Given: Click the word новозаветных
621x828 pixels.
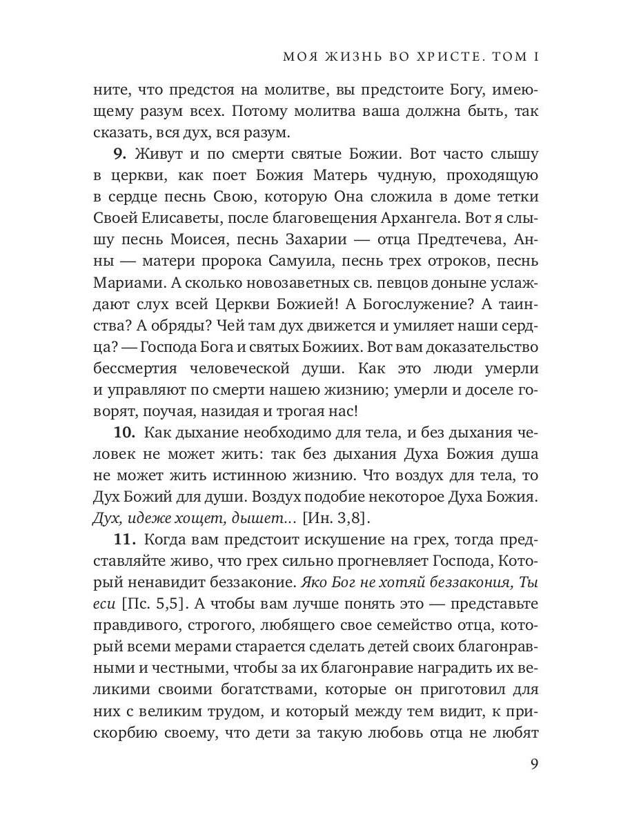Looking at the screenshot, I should (268, 284).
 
